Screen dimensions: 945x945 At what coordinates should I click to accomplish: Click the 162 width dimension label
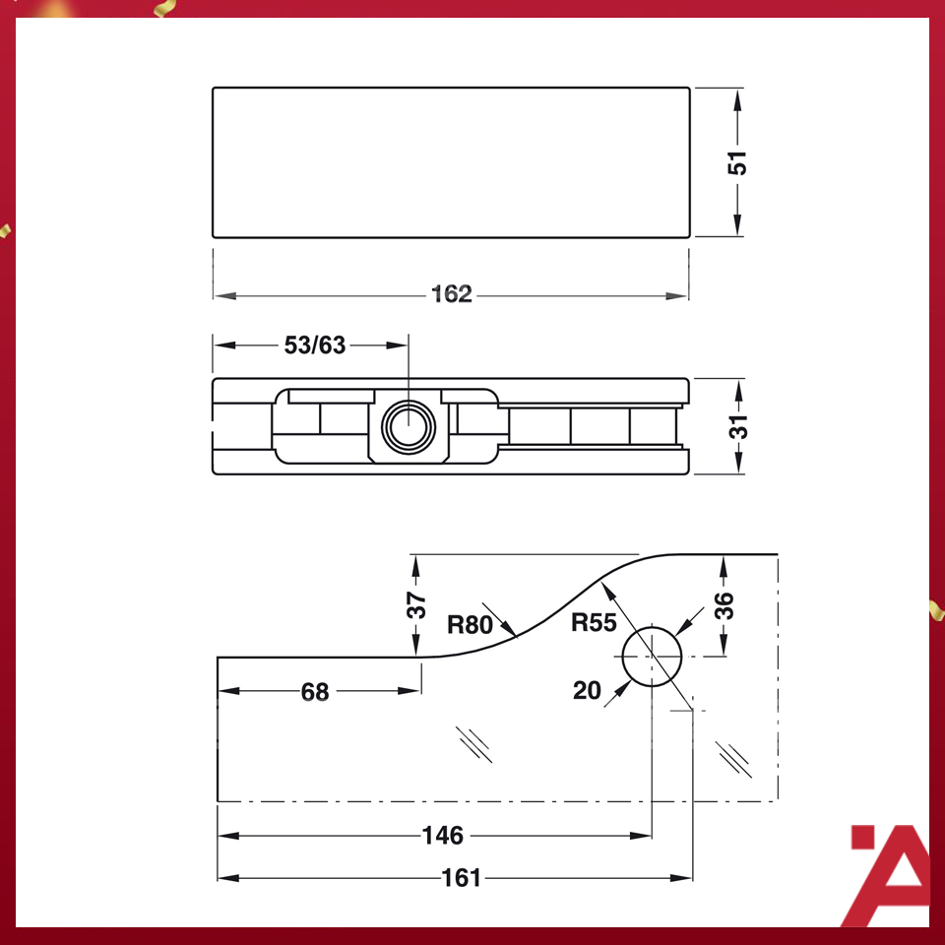coord(452,294)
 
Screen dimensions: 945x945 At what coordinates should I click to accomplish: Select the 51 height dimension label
coord(737,162)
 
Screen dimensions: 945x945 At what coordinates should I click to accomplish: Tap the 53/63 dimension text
coord(315,346)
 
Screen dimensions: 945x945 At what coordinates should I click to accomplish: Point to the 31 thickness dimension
coord(737,426)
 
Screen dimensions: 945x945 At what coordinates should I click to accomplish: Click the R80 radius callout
coord(469,623)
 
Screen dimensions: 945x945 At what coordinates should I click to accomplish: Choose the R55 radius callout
coord(594,623)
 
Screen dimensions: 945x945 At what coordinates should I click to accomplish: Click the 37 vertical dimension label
coord(416,604)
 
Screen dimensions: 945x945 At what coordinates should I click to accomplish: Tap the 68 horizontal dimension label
coord(315,692)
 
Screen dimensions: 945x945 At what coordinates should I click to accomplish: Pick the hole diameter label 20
coord(587,691)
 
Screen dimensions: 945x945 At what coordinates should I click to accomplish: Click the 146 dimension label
coord(442,836)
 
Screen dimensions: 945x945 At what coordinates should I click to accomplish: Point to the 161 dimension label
coord(461,877)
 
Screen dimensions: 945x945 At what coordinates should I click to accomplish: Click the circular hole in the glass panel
coord(652,657)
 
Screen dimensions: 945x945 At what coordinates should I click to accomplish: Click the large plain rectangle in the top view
coord(451,162)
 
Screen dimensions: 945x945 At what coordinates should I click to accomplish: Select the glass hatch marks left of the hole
coord(474,744)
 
